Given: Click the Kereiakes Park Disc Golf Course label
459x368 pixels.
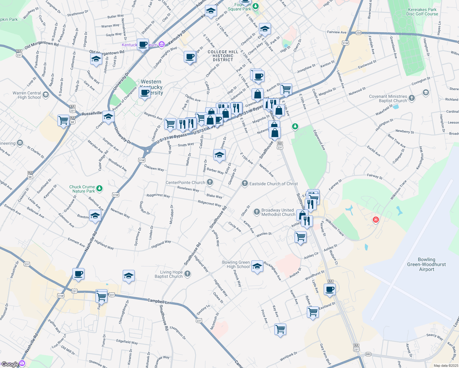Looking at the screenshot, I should [422, 12].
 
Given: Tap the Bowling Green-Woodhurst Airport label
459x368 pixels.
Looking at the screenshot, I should [426, 264].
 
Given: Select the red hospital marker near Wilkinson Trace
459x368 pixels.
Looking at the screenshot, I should [376, 220].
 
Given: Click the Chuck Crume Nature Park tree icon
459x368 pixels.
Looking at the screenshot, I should [99, 189].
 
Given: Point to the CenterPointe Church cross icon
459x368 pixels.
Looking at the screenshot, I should [210, 182].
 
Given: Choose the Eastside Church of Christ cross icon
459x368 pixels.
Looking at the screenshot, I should [245, 184].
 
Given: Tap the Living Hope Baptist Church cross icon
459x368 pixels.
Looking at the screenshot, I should [187, 274].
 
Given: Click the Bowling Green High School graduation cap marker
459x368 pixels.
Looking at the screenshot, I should [257, 266].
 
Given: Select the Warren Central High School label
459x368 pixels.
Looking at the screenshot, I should [27, 95].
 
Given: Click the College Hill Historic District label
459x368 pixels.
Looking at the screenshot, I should [223, 56].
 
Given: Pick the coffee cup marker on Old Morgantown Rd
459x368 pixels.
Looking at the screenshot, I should [143, 44].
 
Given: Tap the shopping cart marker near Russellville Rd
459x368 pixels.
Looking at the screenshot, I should [63, 120].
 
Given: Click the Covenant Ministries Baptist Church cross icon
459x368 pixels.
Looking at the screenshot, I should [412, 98].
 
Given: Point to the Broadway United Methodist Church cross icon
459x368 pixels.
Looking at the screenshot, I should [256, 212].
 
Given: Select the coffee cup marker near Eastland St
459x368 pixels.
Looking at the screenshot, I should [330, 289].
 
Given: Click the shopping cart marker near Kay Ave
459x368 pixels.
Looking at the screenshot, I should [280, 329].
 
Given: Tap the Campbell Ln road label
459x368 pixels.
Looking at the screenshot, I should [158, 301].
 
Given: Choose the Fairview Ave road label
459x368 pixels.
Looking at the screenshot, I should [337, 32].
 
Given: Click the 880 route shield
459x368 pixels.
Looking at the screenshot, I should [368, 354].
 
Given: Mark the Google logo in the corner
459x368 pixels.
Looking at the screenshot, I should [10, 364].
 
